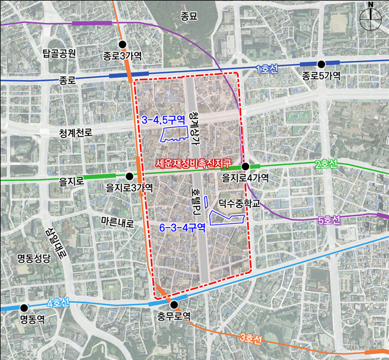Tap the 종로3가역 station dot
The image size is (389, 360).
(x=123, y=44)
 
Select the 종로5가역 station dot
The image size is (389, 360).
(x=321, y=63)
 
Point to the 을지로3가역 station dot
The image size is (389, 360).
(x=129, y=176)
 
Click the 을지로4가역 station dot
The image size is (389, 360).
(x=245, y=167)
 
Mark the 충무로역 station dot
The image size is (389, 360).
(x=173, y=305)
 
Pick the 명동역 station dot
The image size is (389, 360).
(x=24, y=308)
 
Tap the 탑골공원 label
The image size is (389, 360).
(x=59, y=53)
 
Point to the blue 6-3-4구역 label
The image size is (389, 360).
(x=182, y=227)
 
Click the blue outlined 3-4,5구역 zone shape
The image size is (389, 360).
(x=173, y=134)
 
